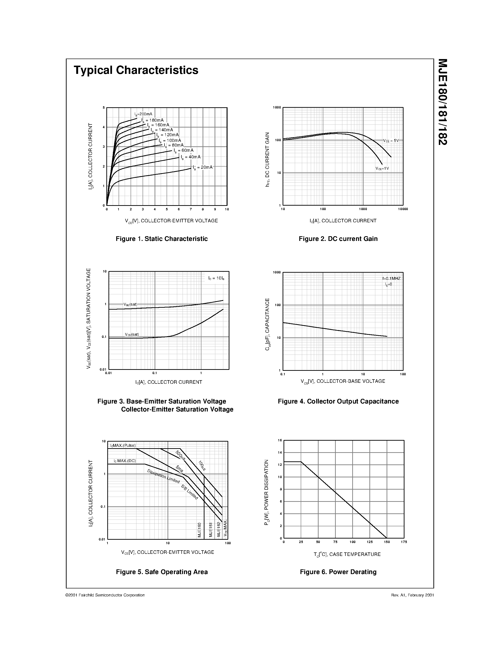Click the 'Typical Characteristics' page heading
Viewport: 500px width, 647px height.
tap(136, 70)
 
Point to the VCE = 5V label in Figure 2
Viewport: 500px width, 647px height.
tap(391, 141)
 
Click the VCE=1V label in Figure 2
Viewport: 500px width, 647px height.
tap(382, 168)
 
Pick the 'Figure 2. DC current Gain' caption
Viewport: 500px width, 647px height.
tap(338, 239)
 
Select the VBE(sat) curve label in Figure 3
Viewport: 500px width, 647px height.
tap(130, 304)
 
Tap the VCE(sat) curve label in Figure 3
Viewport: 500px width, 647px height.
tap(132, 335)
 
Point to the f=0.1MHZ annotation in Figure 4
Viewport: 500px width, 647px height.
tap(391, 279)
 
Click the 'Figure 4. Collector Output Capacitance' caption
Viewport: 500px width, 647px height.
tap(338, 401)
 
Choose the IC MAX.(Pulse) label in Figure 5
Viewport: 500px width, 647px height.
tap(123, 446)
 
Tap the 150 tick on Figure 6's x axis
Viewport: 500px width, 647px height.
tap(387, 542)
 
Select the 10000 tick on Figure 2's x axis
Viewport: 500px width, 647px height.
tap(403, 209)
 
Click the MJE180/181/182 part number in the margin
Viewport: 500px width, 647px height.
tap(442, 102)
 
